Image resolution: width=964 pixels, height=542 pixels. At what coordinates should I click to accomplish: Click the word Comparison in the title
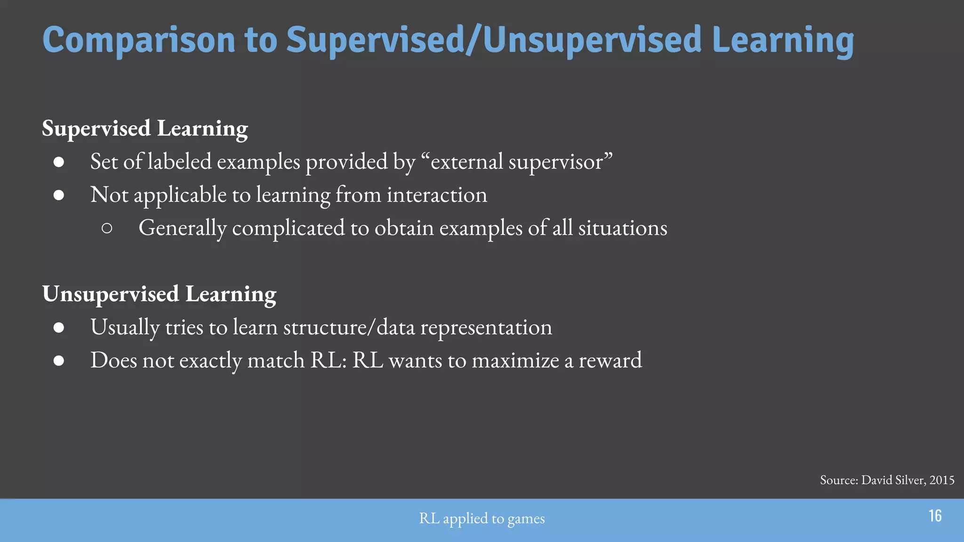138,40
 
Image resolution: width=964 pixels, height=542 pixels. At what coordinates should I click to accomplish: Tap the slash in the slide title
474,40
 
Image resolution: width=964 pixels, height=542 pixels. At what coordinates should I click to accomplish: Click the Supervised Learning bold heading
145,128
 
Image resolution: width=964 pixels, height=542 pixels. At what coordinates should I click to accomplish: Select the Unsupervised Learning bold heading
159,294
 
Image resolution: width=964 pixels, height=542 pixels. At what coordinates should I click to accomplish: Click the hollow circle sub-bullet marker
107,229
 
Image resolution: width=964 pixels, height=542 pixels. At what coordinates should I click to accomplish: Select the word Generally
182,229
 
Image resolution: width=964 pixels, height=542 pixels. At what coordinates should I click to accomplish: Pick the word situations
622,229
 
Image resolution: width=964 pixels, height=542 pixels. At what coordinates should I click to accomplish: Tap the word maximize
515,361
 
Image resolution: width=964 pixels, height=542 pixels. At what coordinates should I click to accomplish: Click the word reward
610,361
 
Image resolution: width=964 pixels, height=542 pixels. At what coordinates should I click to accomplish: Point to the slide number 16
935,516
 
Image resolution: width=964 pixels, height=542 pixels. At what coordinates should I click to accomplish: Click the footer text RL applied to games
482,518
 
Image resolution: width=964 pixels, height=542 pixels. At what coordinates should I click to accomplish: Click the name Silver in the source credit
909,480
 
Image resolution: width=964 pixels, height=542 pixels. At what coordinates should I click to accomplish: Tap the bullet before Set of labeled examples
59,162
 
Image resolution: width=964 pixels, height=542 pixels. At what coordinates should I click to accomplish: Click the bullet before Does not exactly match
59,361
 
